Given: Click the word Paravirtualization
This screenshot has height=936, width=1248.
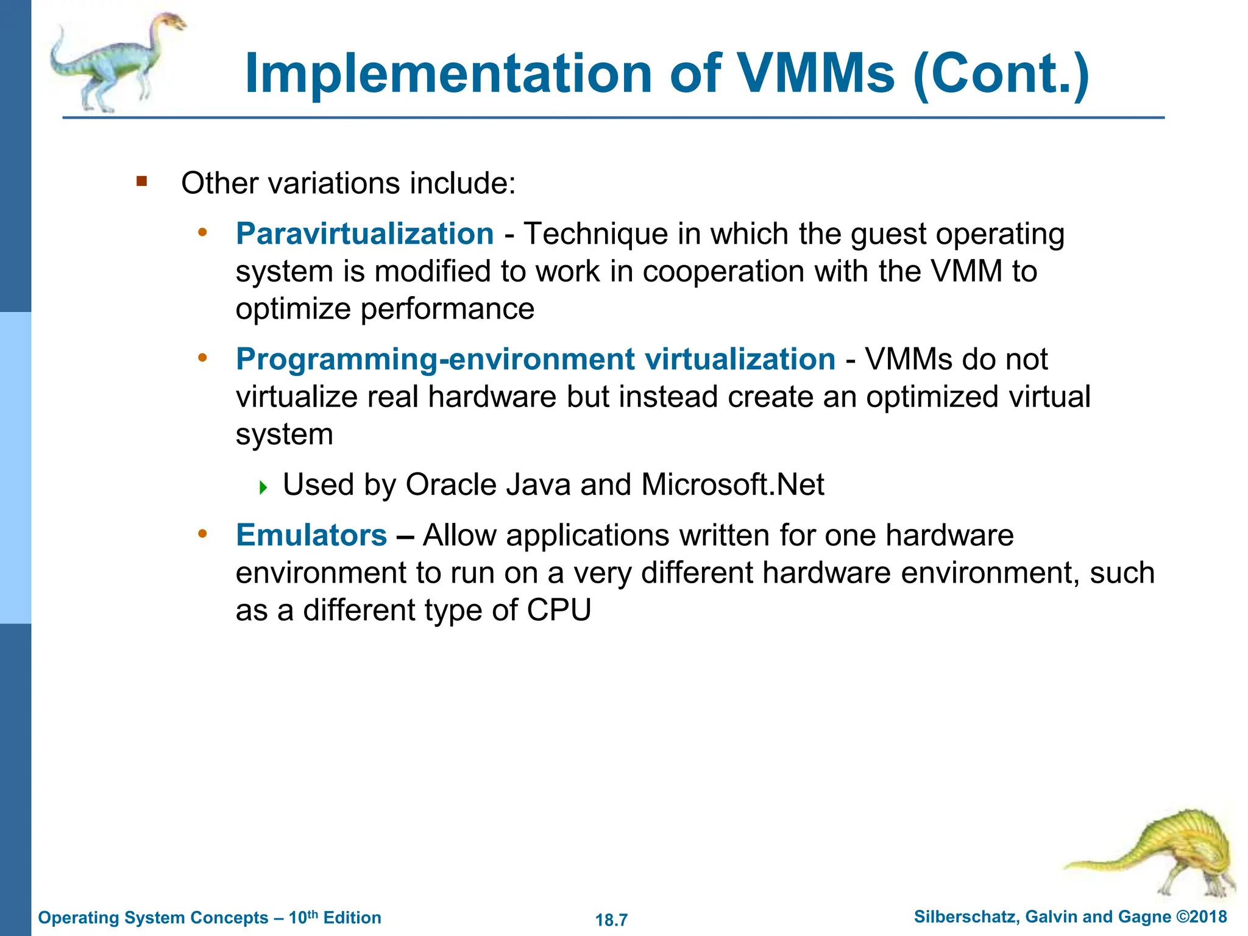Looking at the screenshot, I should tap(364, 234).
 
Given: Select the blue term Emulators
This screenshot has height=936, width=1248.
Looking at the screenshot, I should tap(311, 536).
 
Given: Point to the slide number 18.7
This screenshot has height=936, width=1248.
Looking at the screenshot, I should tap(611, 920).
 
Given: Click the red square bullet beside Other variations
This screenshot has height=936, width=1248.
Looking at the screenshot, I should tap(142, 181).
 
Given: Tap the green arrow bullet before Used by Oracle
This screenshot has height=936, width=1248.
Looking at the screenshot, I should tap(263, 487).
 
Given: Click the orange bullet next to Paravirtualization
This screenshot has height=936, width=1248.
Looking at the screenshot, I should tap(203, 232).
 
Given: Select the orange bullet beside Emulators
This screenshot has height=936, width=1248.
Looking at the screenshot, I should tap(203, 534).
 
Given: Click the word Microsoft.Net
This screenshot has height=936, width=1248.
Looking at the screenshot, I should tap(732, 485).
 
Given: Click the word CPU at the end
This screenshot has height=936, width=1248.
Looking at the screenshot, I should tap(559, 610).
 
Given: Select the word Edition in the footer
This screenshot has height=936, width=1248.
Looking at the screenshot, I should tap(352, 918).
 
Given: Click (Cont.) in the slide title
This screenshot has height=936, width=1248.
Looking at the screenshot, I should tap(1001, 74).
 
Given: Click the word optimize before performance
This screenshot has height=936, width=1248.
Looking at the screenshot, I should tap(293, 310).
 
